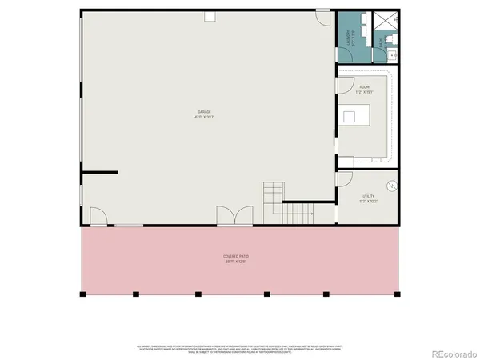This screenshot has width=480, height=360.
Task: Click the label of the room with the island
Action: [364, 90]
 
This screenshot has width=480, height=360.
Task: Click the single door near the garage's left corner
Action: [99, 217]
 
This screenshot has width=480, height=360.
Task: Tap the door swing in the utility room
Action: [345, 180]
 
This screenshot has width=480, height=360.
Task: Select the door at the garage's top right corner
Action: [322, 18]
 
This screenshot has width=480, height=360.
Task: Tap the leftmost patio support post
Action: [83, 294]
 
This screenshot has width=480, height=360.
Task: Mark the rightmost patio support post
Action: [397, 294]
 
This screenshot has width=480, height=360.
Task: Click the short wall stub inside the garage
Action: [100, 172]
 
